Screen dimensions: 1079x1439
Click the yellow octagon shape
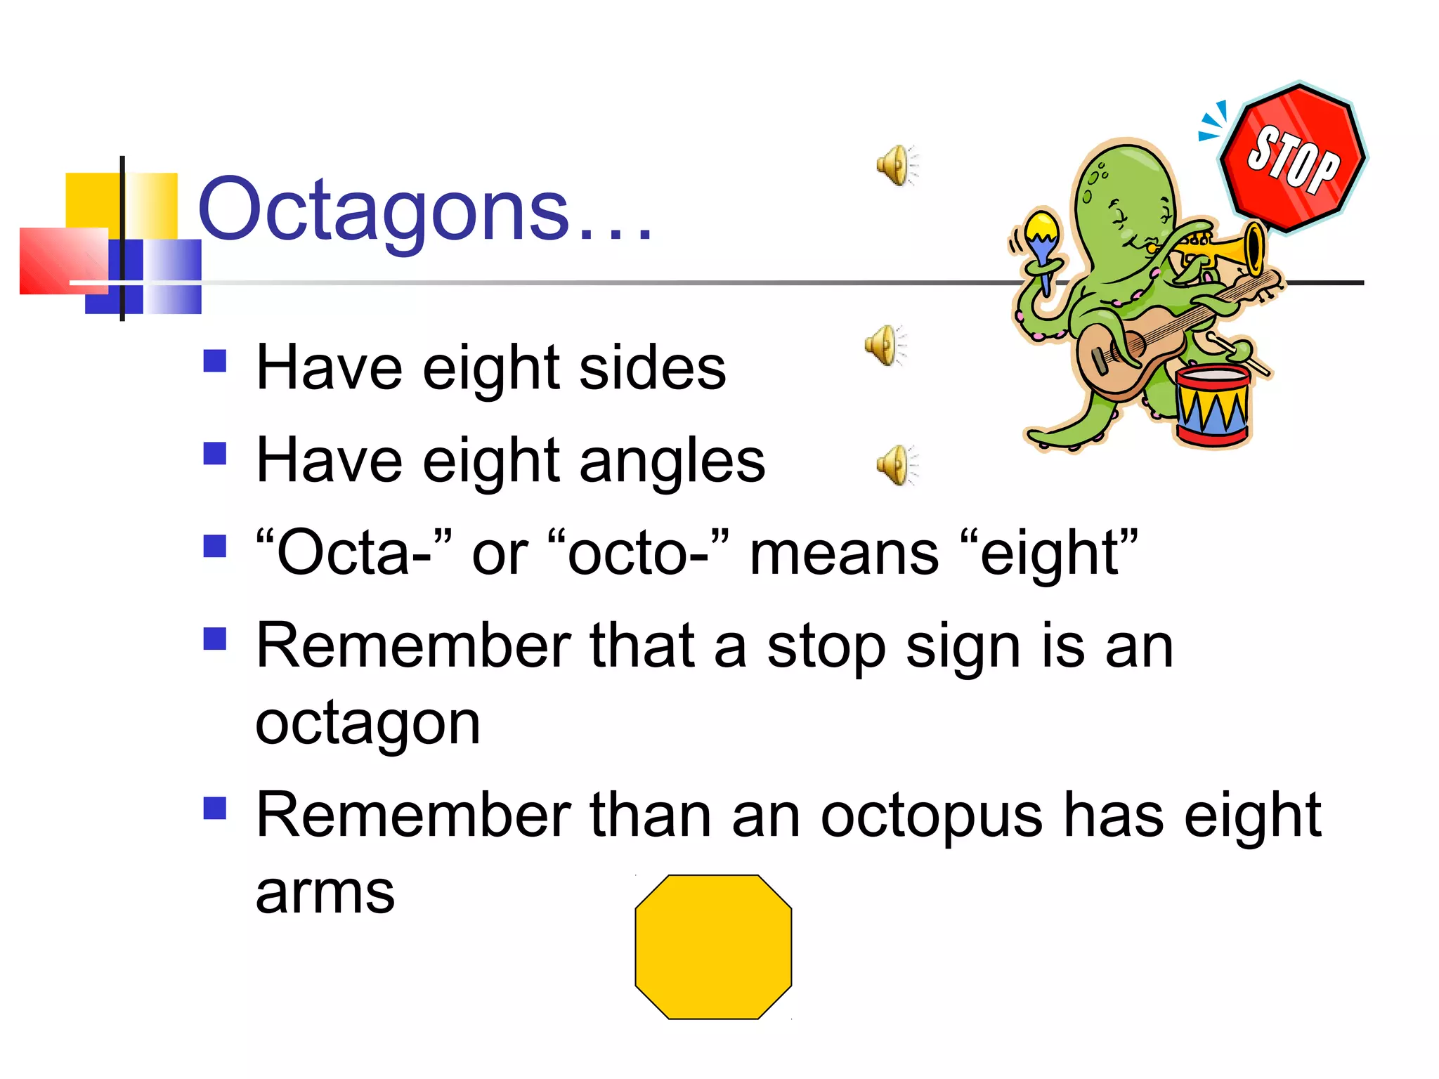point(713,946)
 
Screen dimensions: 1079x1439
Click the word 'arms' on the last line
point(325,894)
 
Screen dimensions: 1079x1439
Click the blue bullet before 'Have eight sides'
point(214,361)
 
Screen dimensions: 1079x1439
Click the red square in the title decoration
point(62,260)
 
